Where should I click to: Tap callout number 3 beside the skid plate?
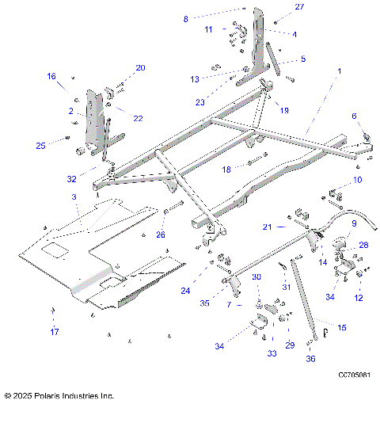74,196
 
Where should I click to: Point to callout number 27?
299,6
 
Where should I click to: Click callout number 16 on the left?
51,77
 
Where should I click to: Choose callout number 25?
41,145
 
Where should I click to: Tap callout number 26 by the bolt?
161,234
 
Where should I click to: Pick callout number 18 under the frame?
226,170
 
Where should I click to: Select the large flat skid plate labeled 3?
87,253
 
